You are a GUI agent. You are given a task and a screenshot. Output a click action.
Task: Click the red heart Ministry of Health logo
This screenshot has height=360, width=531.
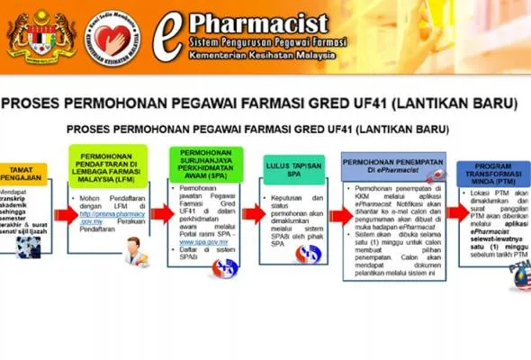click(112, 38)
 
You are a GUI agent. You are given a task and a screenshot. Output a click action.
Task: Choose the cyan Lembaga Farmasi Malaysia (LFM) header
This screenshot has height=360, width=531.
click(107, 164)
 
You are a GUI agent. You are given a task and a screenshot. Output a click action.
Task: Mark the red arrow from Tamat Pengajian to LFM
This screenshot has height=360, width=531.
click(66, 216)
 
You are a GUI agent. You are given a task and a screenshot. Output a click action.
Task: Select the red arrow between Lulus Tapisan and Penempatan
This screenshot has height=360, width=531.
click(341, 216)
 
